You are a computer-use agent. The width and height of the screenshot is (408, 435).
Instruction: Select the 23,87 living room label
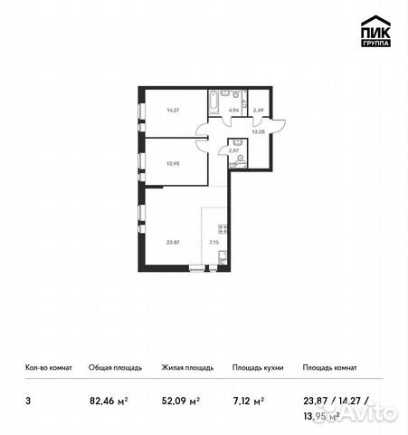coord(173,242)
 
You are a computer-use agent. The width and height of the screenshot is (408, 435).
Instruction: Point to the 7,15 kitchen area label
coord(213,242)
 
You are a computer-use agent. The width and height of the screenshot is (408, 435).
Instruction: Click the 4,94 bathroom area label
coord(232,110)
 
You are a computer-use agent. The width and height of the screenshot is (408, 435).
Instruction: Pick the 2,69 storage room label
coord(258,110)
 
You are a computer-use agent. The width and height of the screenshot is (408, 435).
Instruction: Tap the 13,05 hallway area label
coord(258,131)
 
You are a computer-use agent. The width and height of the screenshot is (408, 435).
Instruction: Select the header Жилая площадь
coord(186,368)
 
